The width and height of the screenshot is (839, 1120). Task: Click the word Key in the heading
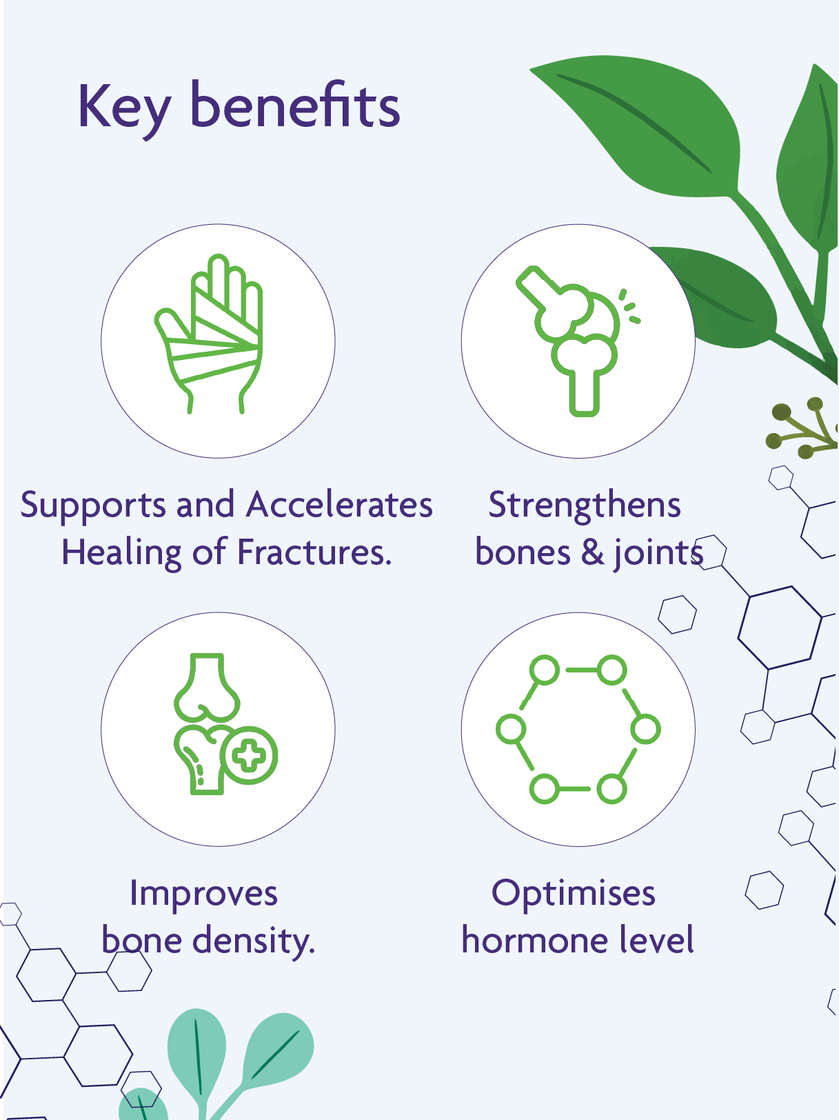(x=123, y=108)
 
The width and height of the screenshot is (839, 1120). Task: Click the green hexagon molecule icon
(x=578, y=729)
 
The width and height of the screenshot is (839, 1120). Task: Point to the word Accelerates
(x=339, y=505)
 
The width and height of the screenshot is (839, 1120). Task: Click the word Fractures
(x=314, y=552)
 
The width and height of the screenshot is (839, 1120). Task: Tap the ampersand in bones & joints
(x=592, y=553)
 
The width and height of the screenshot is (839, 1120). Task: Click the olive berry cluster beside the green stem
(x=800, y=428)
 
